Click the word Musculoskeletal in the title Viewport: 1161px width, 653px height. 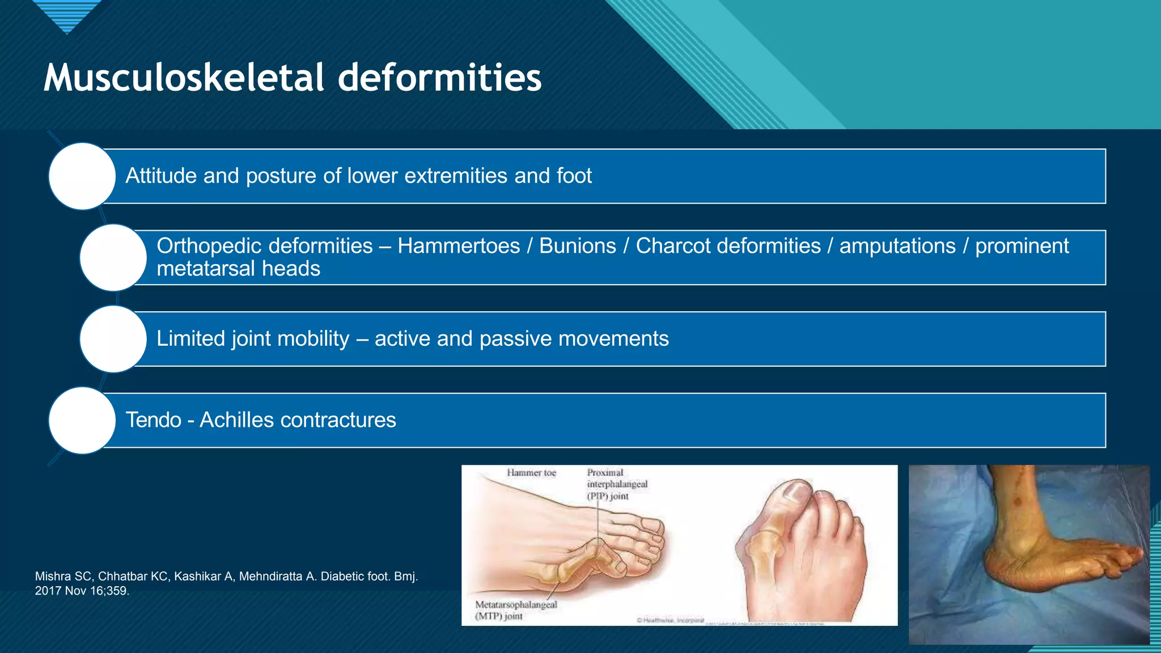[183, 78]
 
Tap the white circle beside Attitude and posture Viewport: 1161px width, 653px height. [82, 176]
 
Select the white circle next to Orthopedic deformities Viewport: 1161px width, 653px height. [113, 258]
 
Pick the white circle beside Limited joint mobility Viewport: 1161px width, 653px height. [113, 339]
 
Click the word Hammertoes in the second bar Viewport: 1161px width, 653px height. [459, 246]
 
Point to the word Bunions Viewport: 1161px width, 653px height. [577, 246]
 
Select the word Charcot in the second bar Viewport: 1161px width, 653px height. [671, 246]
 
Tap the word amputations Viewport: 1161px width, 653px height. [897, 246]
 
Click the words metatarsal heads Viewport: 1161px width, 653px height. [238, 269]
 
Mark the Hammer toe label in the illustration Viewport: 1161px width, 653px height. [531, 473]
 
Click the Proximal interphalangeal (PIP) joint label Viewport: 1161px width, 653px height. [617, 484]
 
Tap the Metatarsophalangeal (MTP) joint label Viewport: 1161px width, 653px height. [516, 610]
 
